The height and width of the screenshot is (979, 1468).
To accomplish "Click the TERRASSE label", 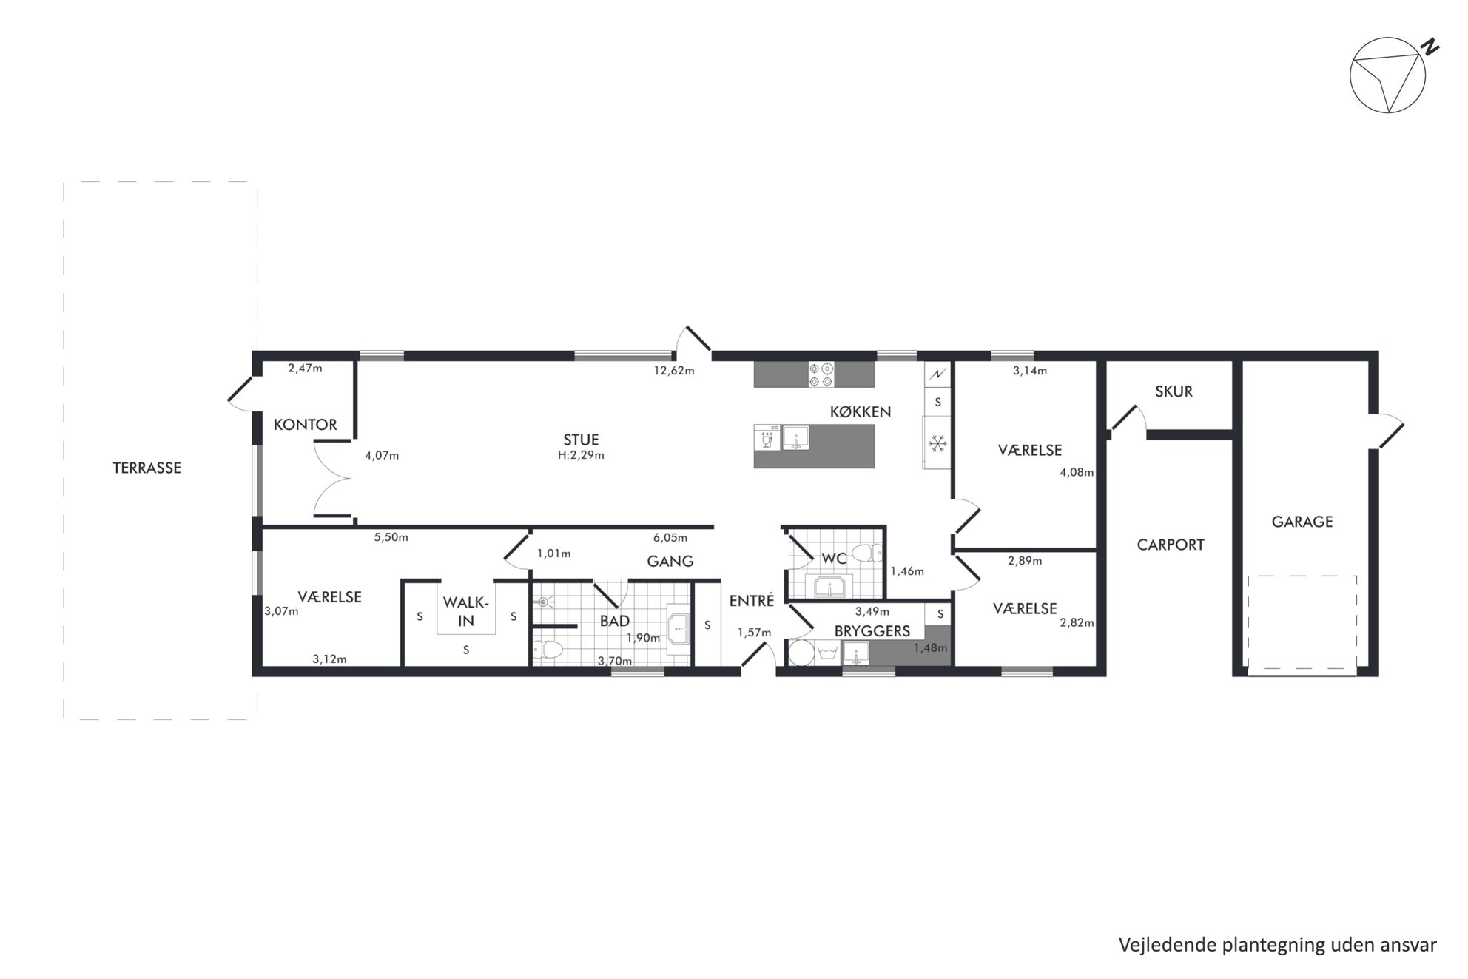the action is (x=147, y=468).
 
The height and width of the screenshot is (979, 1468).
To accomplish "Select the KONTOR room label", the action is (x=305, y=425).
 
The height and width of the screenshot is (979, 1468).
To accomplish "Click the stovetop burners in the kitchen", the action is (x=821, y=374).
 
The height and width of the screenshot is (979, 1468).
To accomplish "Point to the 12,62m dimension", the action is (x=673, y=371).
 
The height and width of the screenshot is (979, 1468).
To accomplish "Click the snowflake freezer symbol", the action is (x=938, y=444).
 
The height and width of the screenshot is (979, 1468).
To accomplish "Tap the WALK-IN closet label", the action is (x=466, y=612).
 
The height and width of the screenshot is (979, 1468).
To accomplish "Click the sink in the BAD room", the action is (x=679, y=630).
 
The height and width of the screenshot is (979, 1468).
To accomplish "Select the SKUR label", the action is (x=1174, y=391).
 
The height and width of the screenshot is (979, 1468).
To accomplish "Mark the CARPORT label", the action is (x=1171, y=545).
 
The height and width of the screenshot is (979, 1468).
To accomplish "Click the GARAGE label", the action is (x=1302, y=522).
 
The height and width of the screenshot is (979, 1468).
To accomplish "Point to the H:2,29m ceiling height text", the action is (x=581, y=455).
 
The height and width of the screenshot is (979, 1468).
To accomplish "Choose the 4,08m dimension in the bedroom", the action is (x=1077, y=472).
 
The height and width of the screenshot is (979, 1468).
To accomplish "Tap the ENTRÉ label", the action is (x=752, y=601).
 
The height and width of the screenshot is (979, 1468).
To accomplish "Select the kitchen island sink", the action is (x=796, y=437).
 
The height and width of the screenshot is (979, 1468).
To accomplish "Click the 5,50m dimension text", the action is (x=391, y=537).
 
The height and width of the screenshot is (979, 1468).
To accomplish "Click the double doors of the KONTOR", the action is (x=331, y=478).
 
